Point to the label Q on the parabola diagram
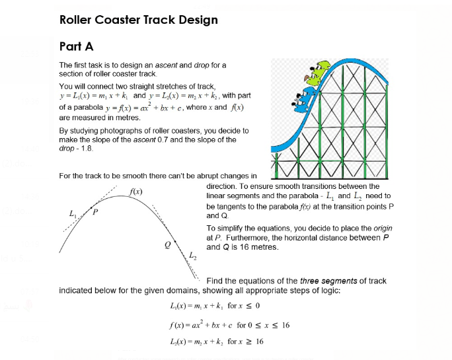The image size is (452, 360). tap(168, 243)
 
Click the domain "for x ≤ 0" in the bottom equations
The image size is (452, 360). tap(244, 306)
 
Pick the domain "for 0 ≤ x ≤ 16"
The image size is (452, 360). tap(264, 324)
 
